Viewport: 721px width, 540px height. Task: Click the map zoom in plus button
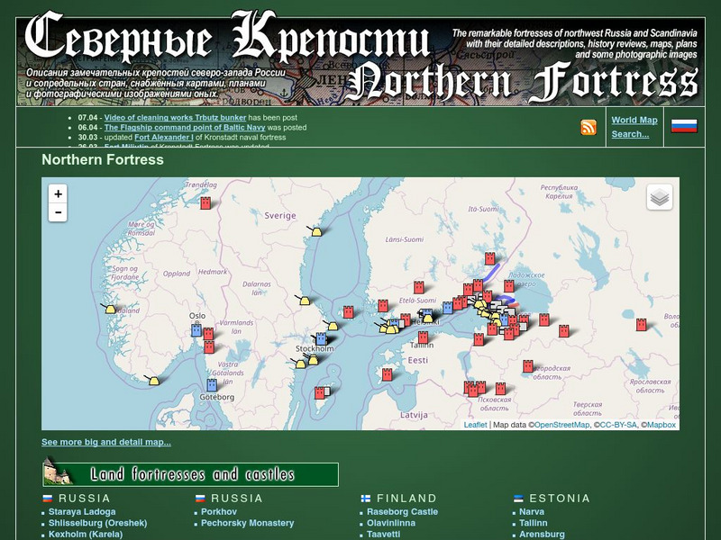click(58, 193)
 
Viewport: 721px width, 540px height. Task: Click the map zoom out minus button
click(58, 212)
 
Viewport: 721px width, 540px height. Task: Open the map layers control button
click(659, 197)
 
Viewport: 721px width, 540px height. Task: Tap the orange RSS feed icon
click(589, 127)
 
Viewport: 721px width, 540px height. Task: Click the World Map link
click(634, 120)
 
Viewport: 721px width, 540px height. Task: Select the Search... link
click(630, 134)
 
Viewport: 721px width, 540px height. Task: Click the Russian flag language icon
click(684, 126)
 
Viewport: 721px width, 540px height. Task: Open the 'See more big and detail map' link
click(106, 442)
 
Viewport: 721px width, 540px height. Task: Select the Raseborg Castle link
click(402, 511)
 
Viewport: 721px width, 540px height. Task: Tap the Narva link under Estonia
click(532, 511)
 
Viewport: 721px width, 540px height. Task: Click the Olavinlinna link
click(391, 523)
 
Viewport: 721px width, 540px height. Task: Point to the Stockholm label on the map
click(315, 348)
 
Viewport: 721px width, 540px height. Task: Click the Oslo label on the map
click(197, 316)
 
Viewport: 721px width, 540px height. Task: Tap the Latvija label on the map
click(413, 415)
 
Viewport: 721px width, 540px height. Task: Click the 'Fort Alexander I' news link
click(164, 137)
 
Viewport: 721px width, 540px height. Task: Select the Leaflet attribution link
click(475, 425)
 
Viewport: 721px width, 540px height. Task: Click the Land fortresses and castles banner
click(190, 473)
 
